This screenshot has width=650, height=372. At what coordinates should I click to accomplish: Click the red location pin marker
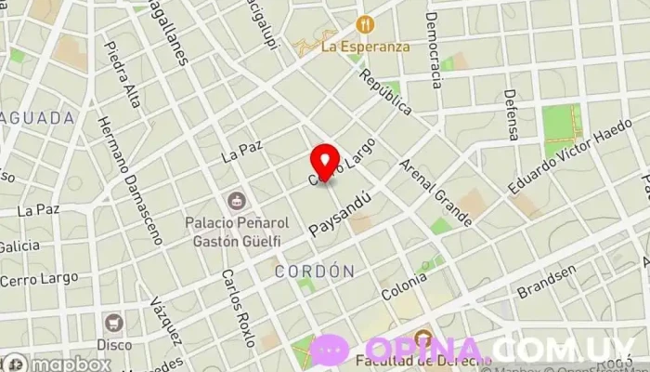click(x=323, y=161)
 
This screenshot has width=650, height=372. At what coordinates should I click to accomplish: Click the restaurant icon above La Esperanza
click(x=363, y=23)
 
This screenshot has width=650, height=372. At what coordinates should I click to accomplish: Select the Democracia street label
click(x=434, y=49)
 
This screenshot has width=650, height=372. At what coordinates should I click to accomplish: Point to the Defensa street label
click(x=511, y=114)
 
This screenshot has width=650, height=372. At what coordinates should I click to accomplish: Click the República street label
click(x=385, y=91)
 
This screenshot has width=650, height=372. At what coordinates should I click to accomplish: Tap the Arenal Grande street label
click(x=435, y=193)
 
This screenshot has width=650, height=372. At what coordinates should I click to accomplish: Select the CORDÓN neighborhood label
click(x=315, y=271)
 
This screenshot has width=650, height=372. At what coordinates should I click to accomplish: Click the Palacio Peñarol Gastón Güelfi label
click(x=233, y=232)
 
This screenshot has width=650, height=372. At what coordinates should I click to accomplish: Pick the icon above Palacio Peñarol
click(x=234, y=199)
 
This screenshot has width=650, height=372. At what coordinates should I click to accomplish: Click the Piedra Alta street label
click(x=123, y=73)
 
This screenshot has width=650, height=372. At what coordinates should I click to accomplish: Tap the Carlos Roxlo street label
click(x=238, y=308)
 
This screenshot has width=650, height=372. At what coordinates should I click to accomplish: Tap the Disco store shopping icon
click(x=115, y=323)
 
